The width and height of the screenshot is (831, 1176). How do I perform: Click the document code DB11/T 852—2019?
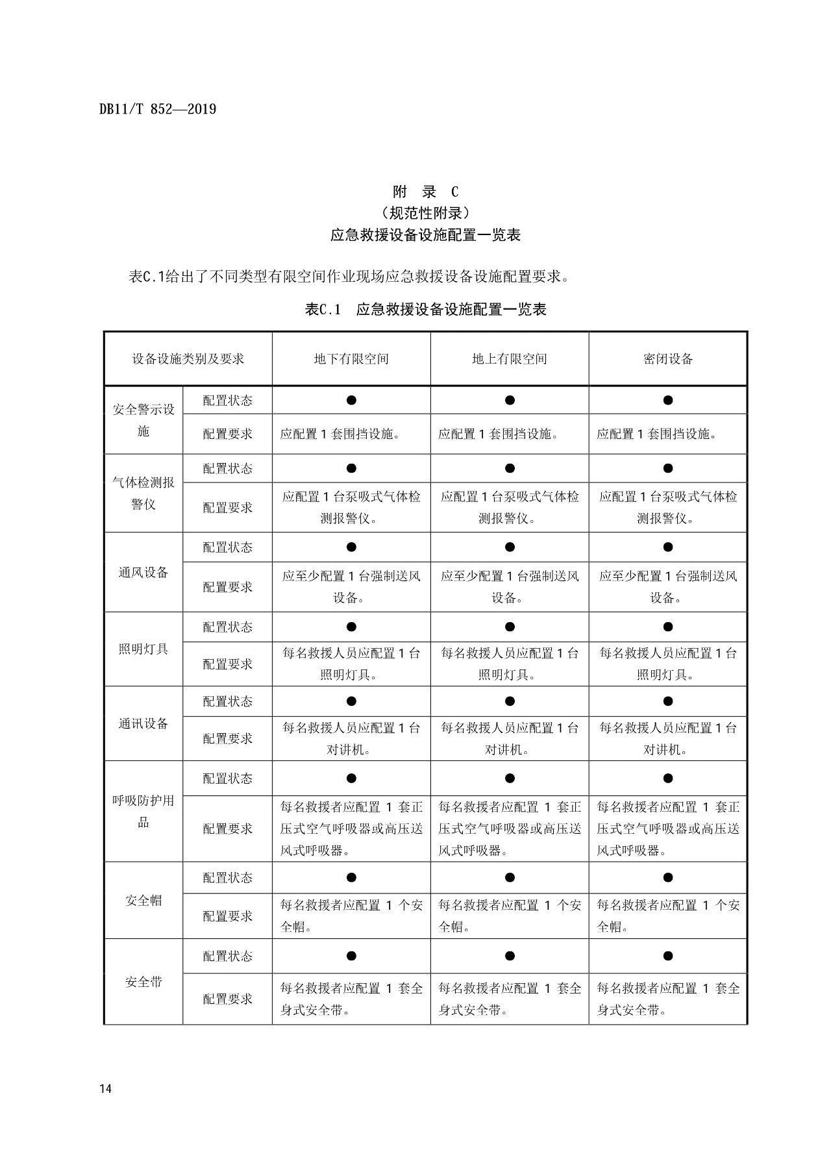158,109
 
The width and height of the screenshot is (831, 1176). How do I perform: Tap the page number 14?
106,1089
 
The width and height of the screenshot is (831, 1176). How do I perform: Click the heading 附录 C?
425,192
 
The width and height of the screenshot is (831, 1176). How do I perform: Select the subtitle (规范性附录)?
425,213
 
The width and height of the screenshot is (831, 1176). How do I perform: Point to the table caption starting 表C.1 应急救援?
425,309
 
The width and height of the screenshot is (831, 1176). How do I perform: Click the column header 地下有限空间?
351,359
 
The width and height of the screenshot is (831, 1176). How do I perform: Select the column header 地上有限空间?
510,359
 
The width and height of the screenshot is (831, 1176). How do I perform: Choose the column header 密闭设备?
668,359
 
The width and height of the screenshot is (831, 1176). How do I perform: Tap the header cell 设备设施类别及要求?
188,359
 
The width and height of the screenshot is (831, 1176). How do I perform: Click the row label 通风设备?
143,572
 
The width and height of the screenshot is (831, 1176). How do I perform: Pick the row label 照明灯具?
143,649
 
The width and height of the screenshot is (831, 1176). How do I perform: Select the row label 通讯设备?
143,723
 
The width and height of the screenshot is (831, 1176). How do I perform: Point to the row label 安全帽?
143,901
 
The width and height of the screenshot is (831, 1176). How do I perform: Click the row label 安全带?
143,982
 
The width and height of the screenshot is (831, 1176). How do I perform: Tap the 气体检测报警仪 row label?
143,494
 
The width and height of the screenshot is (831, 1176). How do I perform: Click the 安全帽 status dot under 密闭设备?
668,878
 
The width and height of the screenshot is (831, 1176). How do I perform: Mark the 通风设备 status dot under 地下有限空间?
351,547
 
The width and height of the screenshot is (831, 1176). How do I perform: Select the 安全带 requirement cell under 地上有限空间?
510,999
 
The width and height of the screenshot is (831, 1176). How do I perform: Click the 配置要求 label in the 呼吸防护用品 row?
227,829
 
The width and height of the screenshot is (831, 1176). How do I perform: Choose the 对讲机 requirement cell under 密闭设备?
668,739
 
